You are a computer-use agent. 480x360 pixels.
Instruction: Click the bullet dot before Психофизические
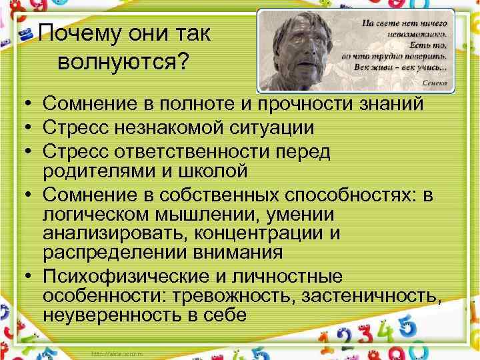coord(22,277)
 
